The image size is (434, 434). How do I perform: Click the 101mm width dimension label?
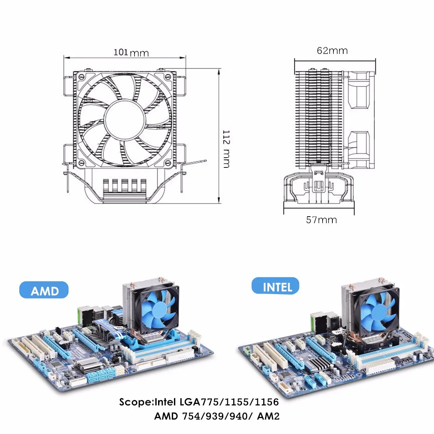pos(131,53)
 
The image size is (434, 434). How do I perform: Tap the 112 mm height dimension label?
pos(226,149)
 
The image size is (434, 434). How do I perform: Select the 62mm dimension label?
pos(332,51)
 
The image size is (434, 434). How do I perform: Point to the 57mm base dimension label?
pos(322,220)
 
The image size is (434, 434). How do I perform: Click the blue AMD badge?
pos(44,290)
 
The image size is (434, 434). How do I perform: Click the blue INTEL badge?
pos(275,286)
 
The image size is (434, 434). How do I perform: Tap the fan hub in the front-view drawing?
pos(124,119)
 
